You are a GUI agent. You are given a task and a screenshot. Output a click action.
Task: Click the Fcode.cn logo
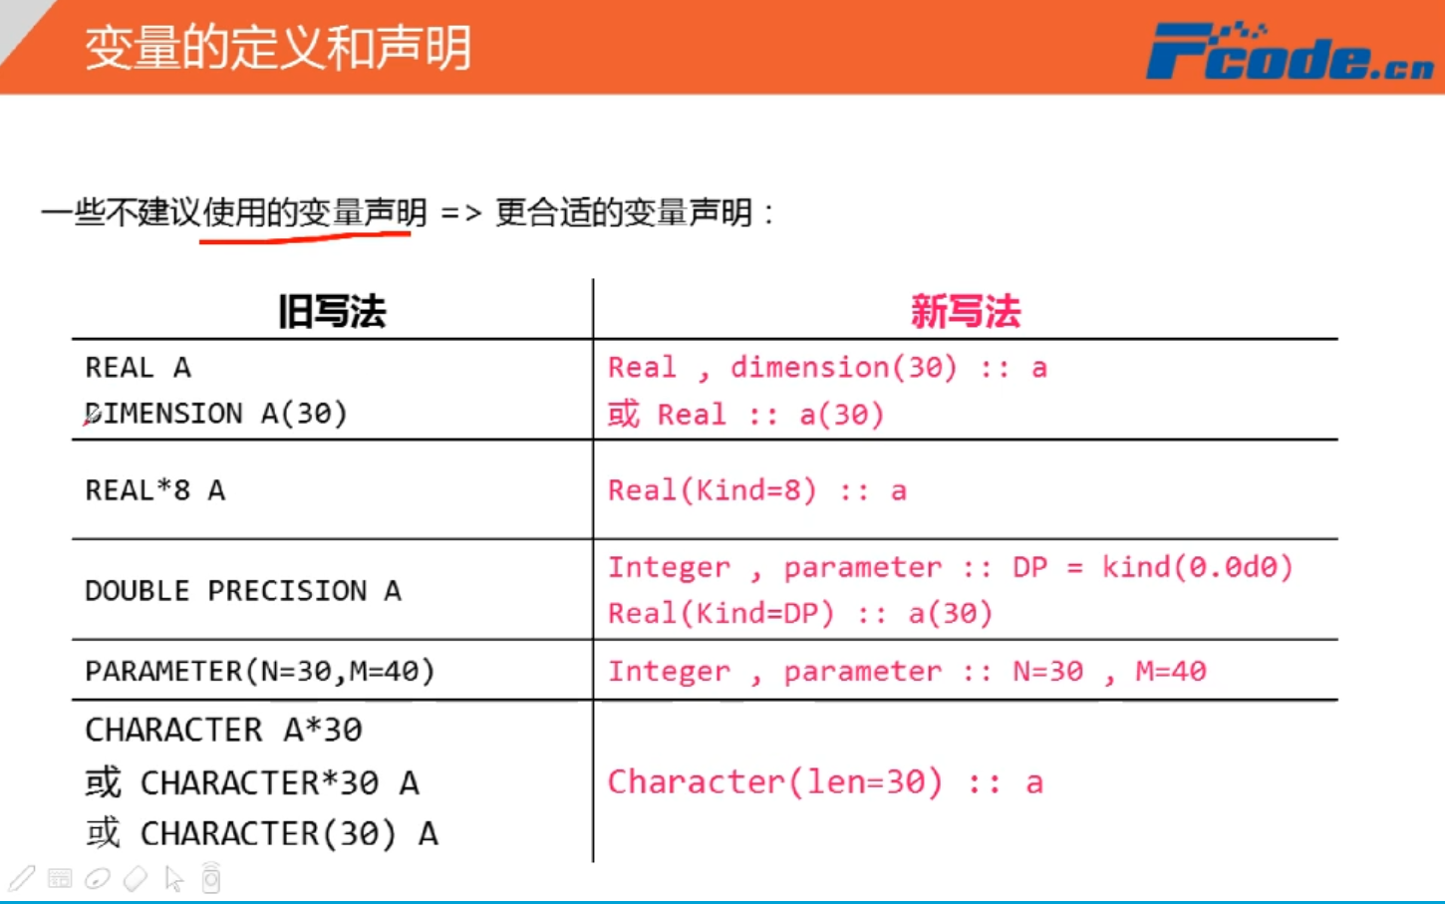(1290, 52)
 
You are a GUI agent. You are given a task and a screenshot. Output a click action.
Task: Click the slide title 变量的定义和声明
(278, 48)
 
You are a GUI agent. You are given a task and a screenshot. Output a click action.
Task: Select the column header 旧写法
(332, 312)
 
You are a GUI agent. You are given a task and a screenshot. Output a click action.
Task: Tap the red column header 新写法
(965, 312)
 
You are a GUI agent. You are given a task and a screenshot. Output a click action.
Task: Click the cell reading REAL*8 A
(155, 490)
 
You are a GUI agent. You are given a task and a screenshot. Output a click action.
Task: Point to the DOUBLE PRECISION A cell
(243, 591)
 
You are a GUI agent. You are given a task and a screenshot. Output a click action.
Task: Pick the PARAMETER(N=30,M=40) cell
(260, 671)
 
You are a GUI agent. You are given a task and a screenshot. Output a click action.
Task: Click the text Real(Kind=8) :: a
(757, 490)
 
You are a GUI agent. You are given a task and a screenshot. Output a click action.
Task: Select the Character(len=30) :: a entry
(825, 782)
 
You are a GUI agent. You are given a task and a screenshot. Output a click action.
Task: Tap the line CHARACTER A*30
(223, 730)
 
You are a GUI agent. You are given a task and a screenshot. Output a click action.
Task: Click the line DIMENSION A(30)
(216, 413)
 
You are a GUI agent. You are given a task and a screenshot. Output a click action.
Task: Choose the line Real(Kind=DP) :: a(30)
(800, 613)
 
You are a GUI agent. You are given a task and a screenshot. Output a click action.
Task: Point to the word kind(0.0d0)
(1197, 567)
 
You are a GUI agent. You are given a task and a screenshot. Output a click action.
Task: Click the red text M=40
(1171, 671)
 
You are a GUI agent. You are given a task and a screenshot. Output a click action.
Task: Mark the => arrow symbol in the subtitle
(460, 213)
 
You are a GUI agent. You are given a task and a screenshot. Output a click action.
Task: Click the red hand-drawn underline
(305, 237)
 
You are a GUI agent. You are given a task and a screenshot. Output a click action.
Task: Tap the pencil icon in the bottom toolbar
(22, 878)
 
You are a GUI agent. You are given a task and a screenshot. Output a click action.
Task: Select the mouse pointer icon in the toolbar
(173, 878)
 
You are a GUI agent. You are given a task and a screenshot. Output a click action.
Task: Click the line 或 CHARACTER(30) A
(261, 833)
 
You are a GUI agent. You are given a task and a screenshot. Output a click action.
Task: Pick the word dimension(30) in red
(844, 368)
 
